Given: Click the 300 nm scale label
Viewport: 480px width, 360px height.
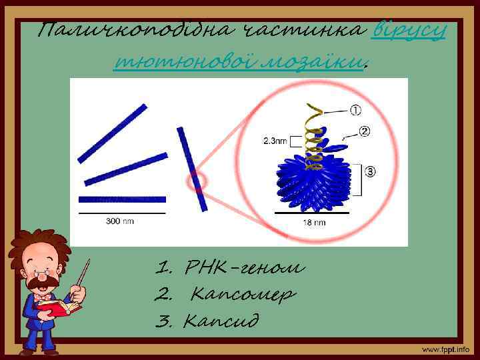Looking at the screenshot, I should tap(121, 221).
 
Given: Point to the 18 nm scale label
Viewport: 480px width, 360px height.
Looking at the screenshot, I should tap(314, 222).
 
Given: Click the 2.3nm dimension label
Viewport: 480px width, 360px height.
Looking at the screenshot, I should tap(275, 141).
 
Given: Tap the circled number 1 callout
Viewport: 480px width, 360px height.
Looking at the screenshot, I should tap(357, 110).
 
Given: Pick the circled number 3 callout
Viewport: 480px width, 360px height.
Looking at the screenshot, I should tap(370, 171).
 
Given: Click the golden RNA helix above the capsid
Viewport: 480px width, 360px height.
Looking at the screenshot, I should tap(311, 133).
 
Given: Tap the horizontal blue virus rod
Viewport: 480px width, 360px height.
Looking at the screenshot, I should tap(121, 199).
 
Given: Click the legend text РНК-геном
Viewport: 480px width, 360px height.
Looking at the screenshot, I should tap(230, 269).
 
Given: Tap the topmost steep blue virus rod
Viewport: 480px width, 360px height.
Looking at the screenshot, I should tap(112, 133).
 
